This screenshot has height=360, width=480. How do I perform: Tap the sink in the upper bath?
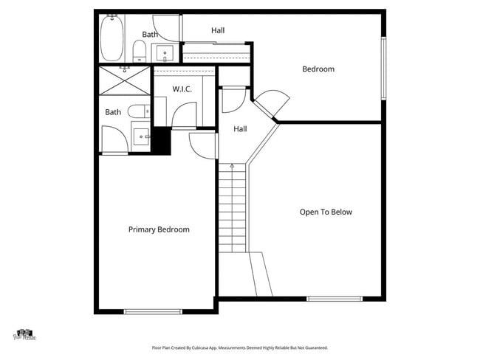[164, 53]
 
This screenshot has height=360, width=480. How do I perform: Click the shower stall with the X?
[124, 80]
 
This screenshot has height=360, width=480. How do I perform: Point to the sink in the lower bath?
[141, 136]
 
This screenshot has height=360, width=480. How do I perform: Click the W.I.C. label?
[182, 89]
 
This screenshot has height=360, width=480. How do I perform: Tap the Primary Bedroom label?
[159, 229]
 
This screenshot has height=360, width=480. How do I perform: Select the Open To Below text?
[326, 212]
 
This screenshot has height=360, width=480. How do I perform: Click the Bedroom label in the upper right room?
[318, 69]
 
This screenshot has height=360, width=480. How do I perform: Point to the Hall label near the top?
[218, 30]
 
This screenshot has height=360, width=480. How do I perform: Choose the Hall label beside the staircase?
[240, 129]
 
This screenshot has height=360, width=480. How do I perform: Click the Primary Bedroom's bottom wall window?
[153, 311]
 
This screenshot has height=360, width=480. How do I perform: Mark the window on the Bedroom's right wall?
[383, 67]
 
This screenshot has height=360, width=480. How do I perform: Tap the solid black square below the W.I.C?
[162, 142]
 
